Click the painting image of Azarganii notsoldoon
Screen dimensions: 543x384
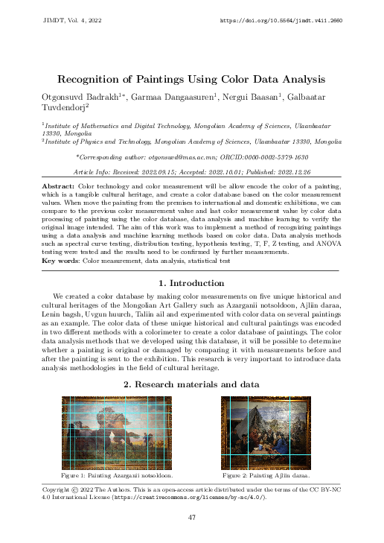(x=117, y=432)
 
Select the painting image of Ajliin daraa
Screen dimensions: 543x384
(x=266, y=432)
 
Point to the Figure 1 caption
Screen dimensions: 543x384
(x=117, y=474)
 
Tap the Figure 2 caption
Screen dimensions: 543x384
(x=266, y=474)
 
